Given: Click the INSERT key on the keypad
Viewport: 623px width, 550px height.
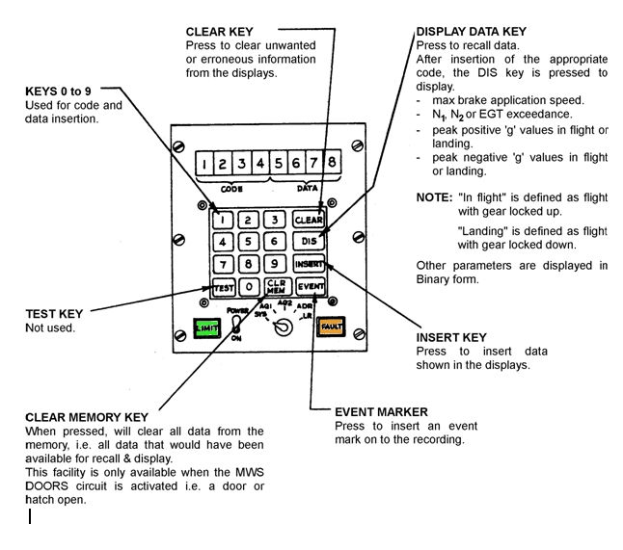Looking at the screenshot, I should click(310, 263).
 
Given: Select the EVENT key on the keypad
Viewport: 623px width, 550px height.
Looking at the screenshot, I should click(310, 286).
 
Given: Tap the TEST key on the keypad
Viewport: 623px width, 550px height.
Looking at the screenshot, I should click(223, 286).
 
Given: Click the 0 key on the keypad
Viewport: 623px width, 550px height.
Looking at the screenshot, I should click(250, 286).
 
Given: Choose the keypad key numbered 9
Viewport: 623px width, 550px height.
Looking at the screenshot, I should click(276, 263).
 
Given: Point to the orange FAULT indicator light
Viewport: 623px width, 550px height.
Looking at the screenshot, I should click(333, 327).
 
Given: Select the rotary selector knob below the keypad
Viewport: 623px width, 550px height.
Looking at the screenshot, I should click(281, 328).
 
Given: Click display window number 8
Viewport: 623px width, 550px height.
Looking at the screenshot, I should click(332, 164).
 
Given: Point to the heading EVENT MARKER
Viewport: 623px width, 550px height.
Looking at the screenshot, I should click(381, 410).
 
